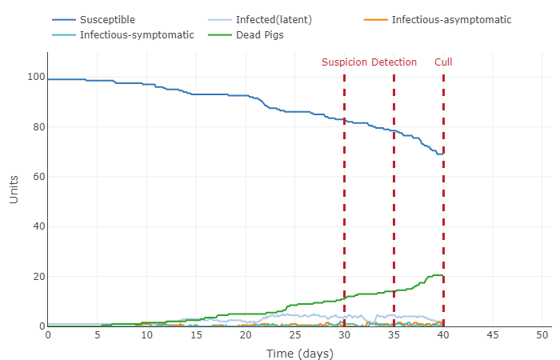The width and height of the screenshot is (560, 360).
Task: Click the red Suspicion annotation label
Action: pos(345,62)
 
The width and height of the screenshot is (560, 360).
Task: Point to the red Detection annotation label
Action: pos(394,62)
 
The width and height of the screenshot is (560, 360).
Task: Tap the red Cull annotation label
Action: pos(443,62)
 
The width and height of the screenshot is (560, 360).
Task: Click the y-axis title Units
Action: pos(14,190)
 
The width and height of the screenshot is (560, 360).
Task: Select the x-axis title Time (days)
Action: pos(299,354)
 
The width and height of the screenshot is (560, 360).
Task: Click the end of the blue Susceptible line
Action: pos(443,154)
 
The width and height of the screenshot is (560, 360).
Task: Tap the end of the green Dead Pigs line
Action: pos(443,276)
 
